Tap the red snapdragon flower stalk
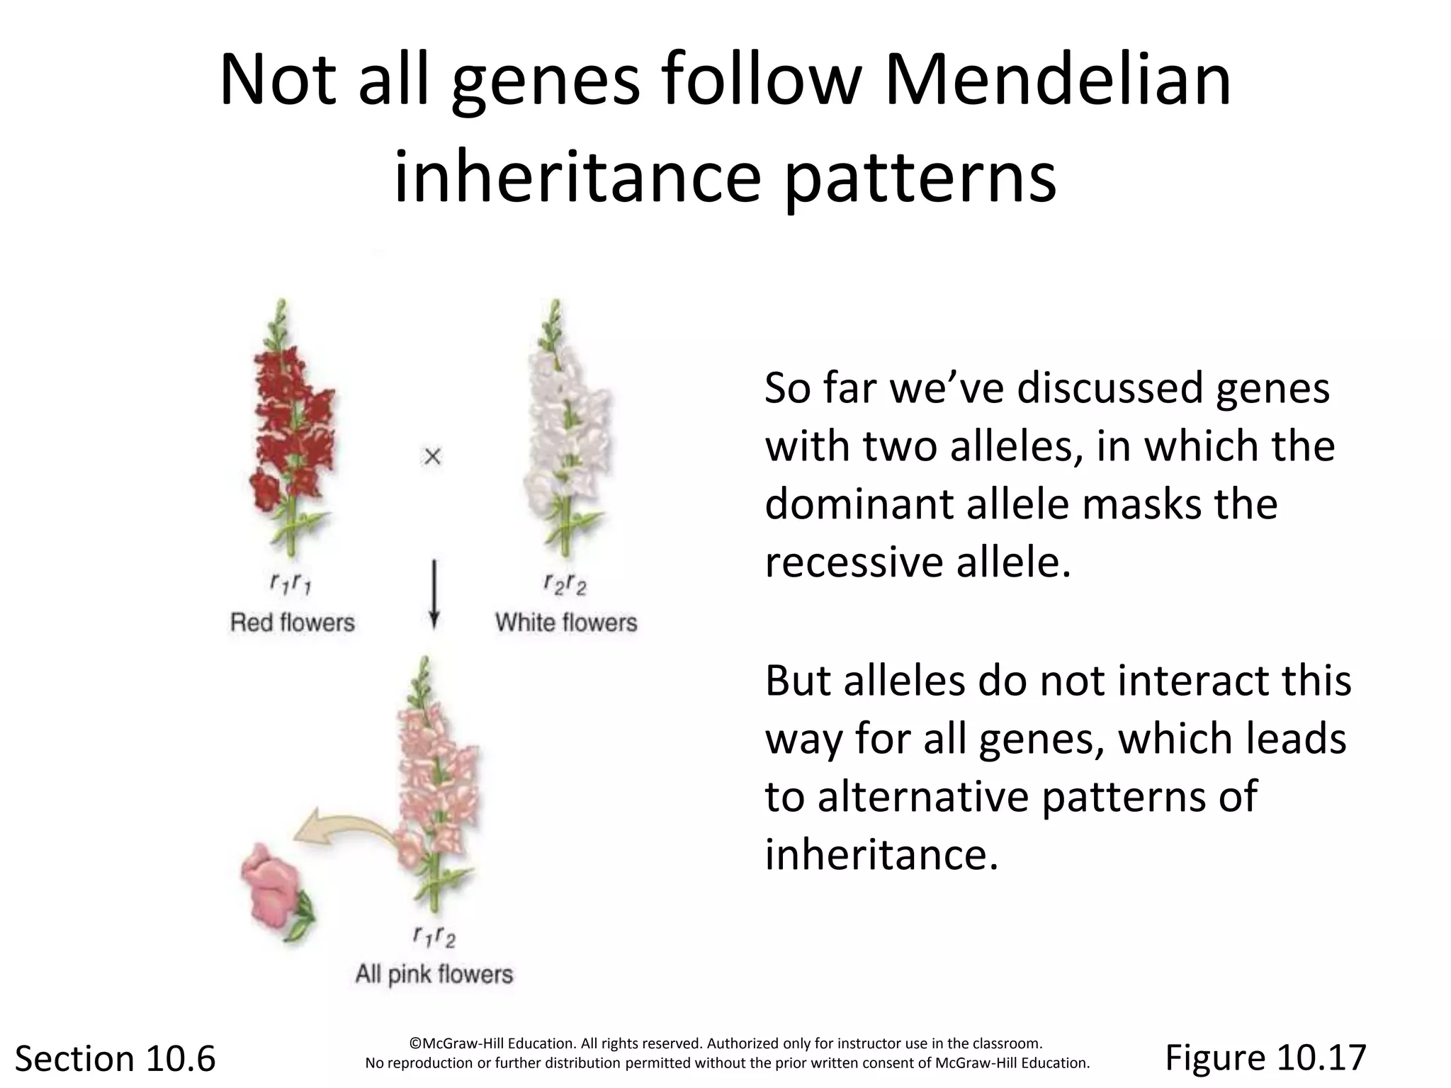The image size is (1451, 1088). pyautogui.click(x=292, y=425)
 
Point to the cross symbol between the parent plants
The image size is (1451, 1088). pyautogui.click(x=432, y=457)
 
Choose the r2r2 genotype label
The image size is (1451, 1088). pyautogui.click(x=565, y=584)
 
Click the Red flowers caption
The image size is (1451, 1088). pyautogui.click(x=292, y=623)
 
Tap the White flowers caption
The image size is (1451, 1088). pyautogui.click(x=566, y=623)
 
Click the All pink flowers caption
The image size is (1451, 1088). pyautogui.click(x=434, y=974)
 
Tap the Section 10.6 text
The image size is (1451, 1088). pyautogui.click(x=115, y=1059)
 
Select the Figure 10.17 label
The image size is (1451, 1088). pyautogui.click(x=1265, y=1058)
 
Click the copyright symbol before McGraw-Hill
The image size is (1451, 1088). pyautogui.click(x=415, y=1043)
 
